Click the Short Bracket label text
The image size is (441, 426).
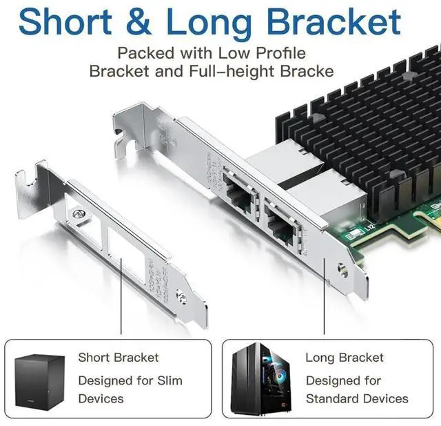click(x=118, y=358)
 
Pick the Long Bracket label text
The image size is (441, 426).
click(x=345, y=358)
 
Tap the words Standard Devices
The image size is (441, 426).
click(x=357, y=398)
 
